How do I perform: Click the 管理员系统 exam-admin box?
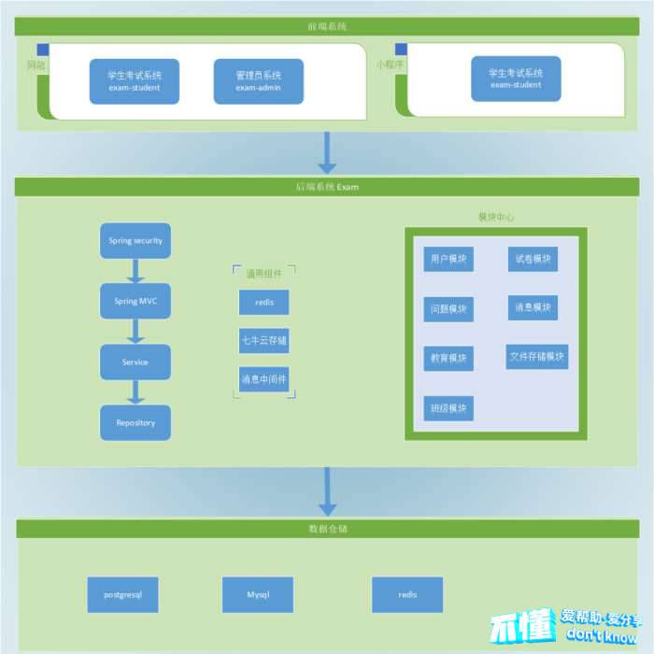click(258, 81)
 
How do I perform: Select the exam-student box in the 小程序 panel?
click(516, 78)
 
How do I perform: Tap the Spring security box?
click(135, 241)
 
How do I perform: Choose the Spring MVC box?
click(135, 301)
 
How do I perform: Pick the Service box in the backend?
click(135, 362)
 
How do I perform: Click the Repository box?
click(135, 422)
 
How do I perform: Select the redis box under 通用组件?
click(263, 303)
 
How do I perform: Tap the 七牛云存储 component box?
click(263, 342)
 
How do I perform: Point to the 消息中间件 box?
click(263, 379)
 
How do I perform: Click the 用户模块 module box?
click(448, 259)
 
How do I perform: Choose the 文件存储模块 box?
click(537, 356)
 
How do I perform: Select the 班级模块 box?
click(448, 408)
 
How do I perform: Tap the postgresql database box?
click(122, 594)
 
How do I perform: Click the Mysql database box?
click(258, 594)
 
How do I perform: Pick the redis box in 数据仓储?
click(407, 594)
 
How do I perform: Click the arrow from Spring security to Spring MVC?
click(135, 271)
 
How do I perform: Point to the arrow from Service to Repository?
click(135, 392)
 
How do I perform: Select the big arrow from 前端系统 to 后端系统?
click(327, 152)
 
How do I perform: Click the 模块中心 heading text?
click(495, 217)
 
